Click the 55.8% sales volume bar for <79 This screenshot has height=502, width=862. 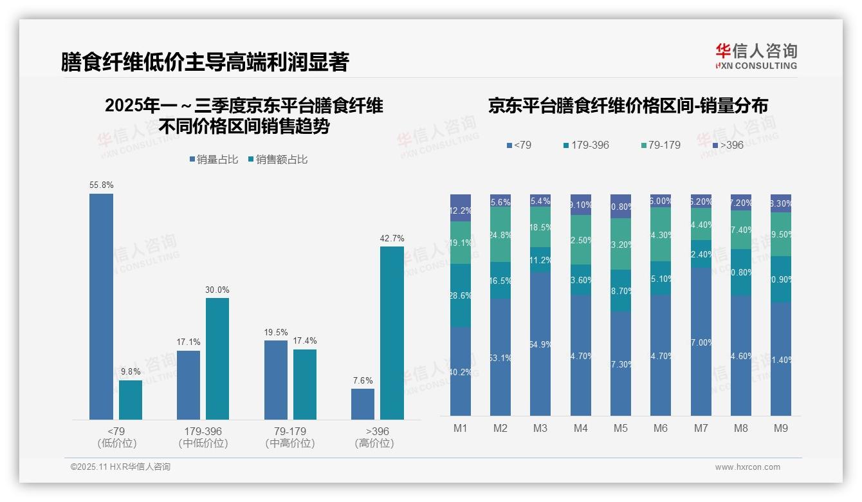tap(101, 306)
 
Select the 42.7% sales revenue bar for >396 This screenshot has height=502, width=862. tap(392, 333)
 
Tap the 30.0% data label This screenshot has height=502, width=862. tap(217, 290)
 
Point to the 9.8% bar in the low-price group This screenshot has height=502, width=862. tap(131, 400)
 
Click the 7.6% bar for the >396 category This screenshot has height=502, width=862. tap(363, 404)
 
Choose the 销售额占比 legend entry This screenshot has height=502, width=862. tap(277, 159)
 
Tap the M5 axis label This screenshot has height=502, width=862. tap(620, 428)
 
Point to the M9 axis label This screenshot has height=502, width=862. tap(780, 428)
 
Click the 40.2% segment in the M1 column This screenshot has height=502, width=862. tap(461, 371)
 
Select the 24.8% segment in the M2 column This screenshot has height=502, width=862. tap(500, 235)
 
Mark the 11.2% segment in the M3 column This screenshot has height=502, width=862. tap(540, 259)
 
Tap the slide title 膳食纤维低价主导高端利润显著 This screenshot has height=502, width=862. tap(205, 62)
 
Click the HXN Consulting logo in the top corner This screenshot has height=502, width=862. tap(756, 57)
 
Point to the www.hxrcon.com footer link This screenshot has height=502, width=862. tap(747, 467)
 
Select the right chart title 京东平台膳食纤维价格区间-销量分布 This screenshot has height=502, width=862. tap(628, 106)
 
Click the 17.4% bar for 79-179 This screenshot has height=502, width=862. tap(305, 384)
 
